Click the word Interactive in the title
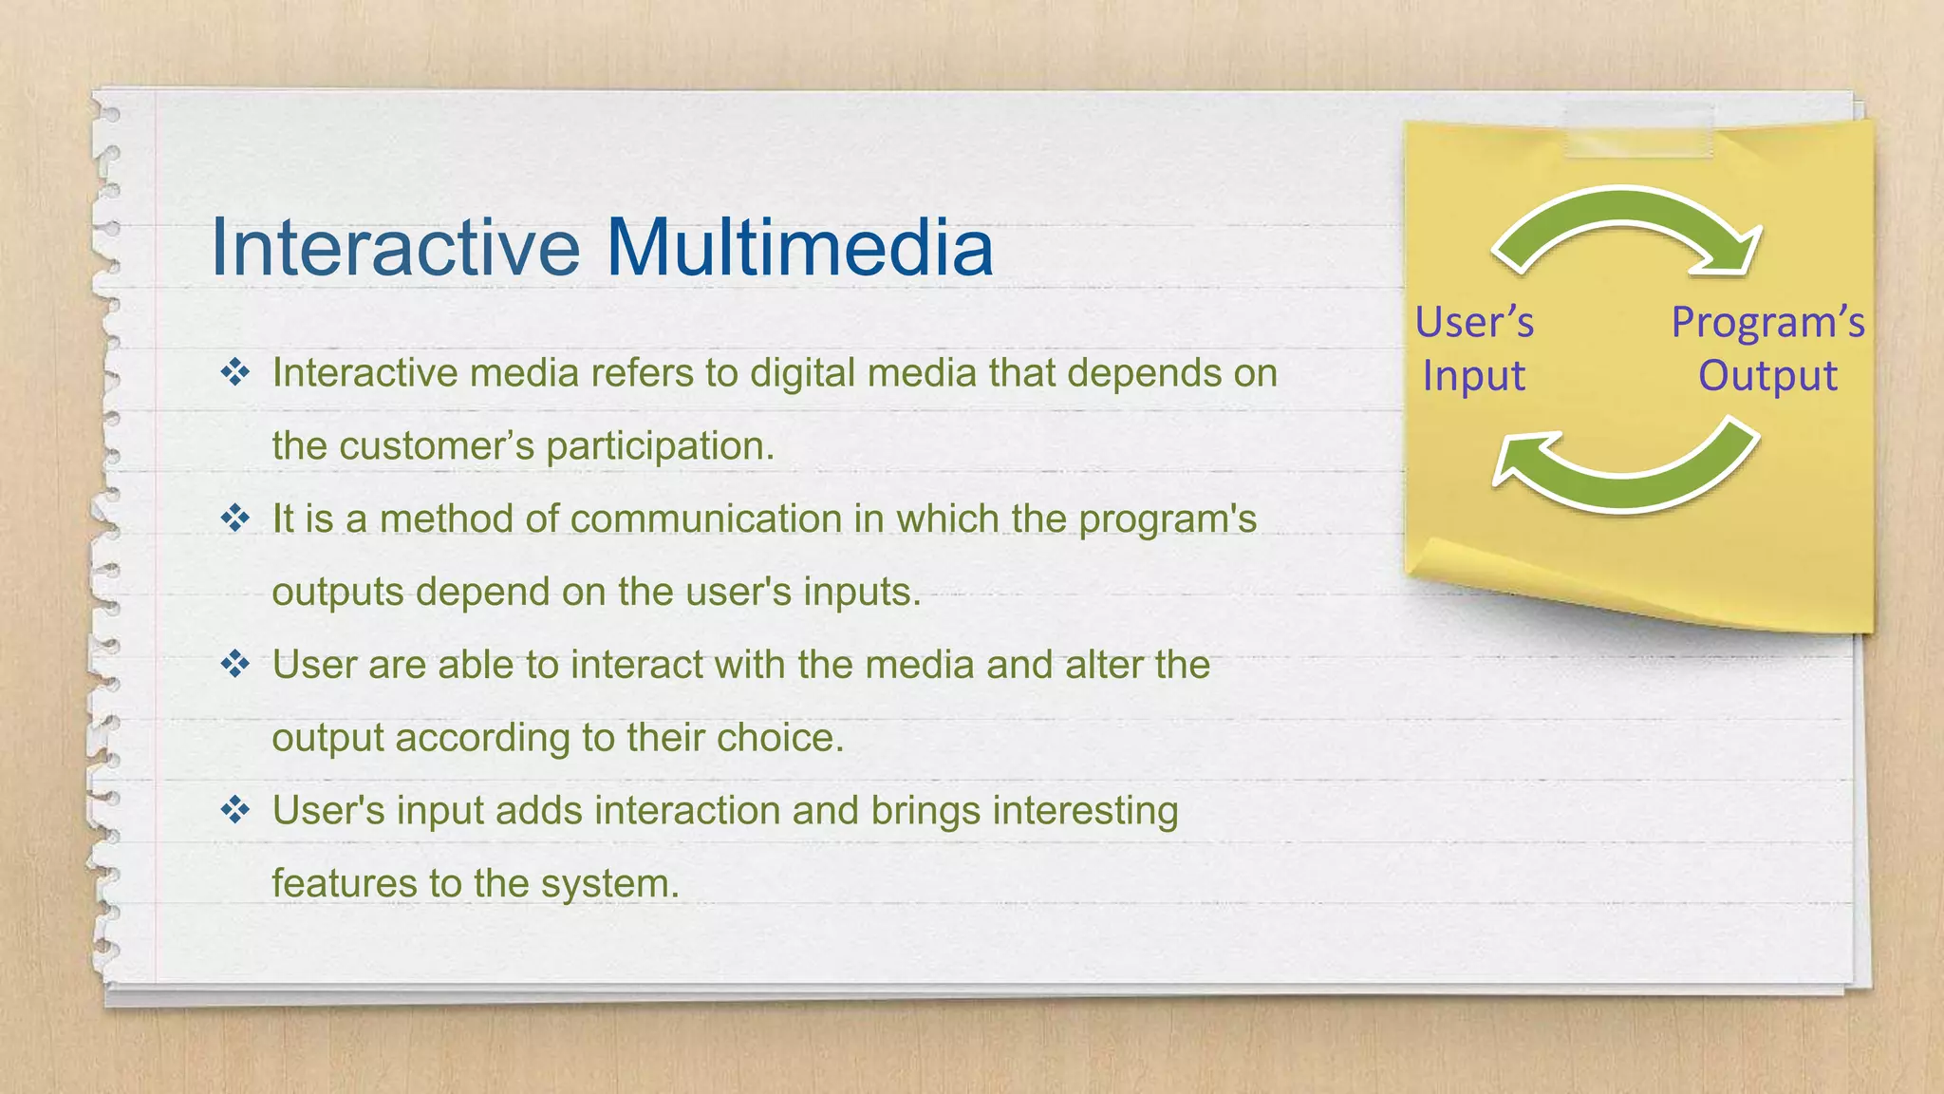tap(394, 247)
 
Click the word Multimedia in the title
tap(799, 247)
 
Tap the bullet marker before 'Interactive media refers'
tap(235, 372)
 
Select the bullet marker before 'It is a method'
tap(235, 519)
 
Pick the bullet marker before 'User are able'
tap(235, 664)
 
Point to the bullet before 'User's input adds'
tap(235, 810)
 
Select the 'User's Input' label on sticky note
tap(1474, 349)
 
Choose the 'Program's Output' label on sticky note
tap(1767, 349)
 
